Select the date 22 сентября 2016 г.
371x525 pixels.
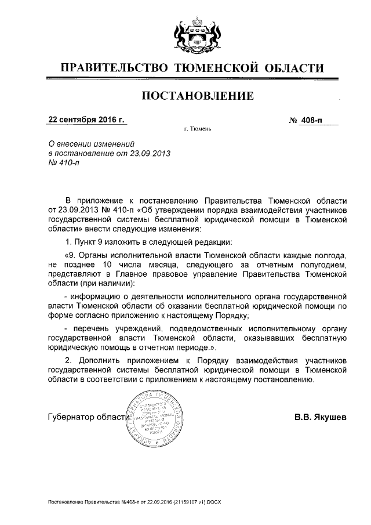tap(87, 120)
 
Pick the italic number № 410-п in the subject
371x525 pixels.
tap(64, 163)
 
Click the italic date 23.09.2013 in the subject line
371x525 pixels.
tap(153, 153)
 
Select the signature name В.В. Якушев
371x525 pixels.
tap(320, 416)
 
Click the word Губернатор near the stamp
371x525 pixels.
tap(70, 417)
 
